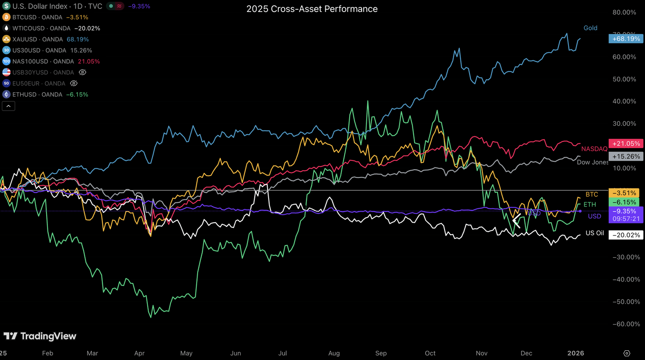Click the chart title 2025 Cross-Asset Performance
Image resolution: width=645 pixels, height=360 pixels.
pyautogui.click(x=312, y=9)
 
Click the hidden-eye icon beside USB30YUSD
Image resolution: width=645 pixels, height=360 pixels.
pyautogui.click(x=83, y=72)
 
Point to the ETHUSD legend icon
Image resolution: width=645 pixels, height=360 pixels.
pyautogui.click(x=6, y=94)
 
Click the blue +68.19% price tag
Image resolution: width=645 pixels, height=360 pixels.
pyautogui.click(x=625, y=39)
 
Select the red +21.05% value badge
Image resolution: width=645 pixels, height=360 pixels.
pyautogui.click(x=625, y=143)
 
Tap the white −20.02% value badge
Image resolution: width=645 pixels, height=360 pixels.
pyautogui.click(x=625, y=235)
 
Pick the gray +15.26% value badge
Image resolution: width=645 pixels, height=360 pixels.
pyautogui.click(x=625, y=156)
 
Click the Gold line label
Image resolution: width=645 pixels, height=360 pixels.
pyautogui.click(x=590, y=28)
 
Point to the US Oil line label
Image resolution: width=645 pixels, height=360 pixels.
pyautogui.click(x=594, y=233)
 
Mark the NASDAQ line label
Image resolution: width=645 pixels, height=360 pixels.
pyautogui.click(x=594, y=149)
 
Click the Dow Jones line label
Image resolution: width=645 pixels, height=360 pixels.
pyautogui.click(x=592, y=162)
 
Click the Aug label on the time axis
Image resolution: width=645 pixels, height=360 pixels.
pyautogui.click(x=334, y=353)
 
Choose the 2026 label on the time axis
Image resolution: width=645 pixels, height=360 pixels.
pyautogui.click(x=575, y=353)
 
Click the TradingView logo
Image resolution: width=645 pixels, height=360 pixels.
pyautogui.click(x=40, y=336)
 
